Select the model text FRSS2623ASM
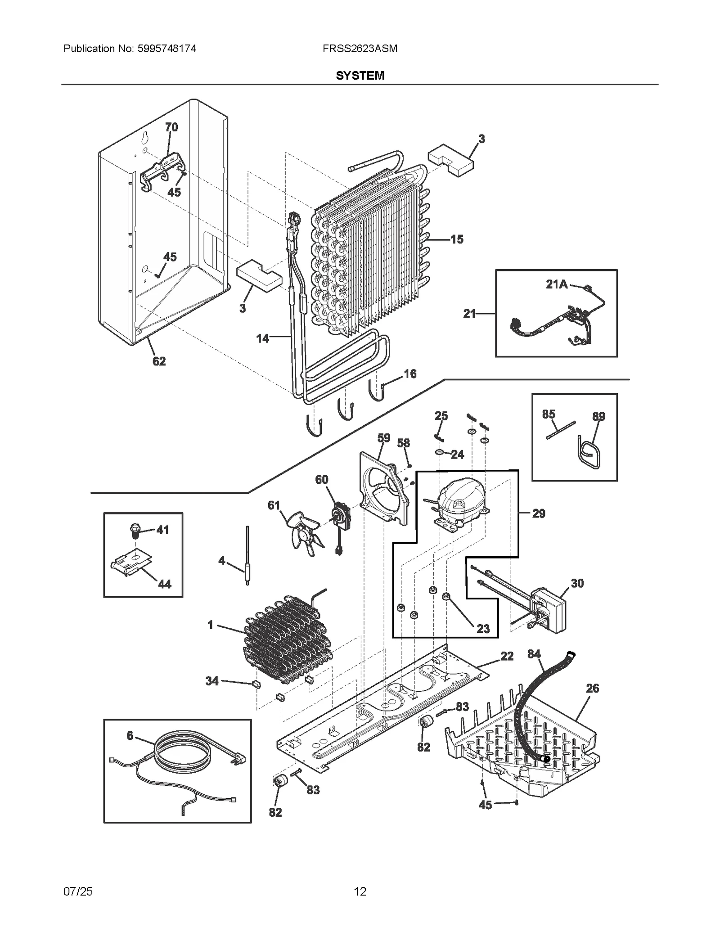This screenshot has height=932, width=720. [360, 49]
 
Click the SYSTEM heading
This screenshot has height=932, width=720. [360, 76]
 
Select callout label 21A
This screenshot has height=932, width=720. [557, 284]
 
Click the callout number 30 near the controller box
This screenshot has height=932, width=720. [577, 583]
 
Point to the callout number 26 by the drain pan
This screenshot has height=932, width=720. [592, 688]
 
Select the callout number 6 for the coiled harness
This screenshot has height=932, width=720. [130, 735]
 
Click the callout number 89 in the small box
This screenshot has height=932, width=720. [598, 416]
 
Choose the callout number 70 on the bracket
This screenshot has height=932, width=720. [171, 127]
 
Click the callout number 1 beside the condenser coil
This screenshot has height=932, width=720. [210, 625]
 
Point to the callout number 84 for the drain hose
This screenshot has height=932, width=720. [534, 654]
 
